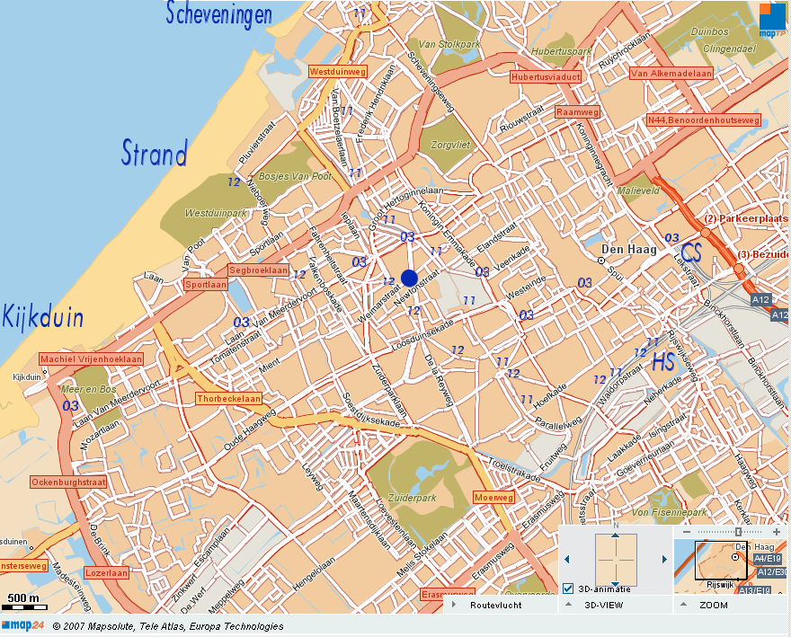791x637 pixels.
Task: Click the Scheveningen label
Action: [218, 13]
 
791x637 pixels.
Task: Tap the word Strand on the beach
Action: [155, 153]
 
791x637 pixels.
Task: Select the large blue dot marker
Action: [409, 278]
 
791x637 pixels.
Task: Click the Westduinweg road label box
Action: [337, 71]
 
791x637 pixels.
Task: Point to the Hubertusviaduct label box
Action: [545, 77]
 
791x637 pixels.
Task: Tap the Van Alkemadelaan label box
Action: [671, 74]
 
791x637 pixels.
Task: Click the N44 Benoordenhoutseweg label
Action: [703, 119]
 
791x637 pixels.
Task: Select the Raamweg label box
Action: [577, 112]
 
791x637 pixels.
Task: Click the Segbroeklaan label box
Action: [258, 270]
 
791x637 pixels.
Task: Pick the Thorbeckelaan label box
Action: [229, 398]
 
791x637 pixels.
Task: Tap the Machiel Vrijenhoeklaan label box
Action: [91, 358]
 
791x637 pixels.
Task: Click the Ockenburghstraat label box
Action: [68, 482]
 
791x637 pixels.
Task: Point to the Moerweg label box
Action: [493, 497]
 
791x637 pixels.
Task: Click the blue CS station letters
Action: [690, 252]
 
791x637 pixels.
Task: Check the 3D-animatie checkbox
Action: [568, 589]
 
